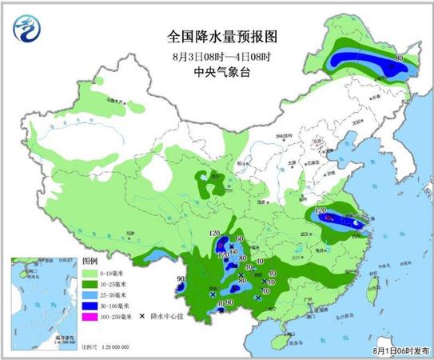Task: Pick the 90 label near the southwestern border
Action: [181, 278]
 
